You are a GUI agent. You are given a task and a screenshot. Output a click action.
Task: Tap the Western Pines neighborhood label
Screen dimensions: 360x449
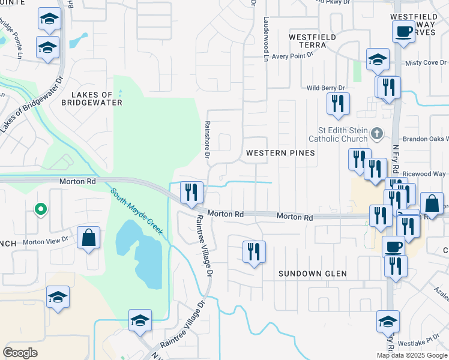[280, 153]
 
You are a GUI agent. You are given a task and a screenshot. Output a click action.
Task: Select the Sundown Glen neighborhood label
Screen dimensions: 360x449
[313, 274]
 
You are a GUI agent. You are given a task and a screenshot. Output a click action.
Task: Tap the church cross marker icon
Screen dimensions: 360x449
[376, 133]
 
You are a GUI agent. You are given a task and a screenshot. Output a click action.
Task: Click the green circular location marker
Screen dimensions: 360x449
[40, 209]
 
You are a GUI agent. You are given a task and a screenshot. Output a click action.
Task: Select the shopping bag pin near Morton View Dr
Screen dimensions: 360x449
[89, 237]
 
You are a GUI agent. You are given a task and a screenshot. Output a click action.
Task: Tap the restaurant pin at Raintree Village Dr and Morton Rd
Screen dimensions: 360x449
[192, 192]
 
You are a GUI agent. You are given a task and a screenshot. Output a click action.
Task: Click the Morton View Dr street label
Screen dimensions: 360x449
[46, 242]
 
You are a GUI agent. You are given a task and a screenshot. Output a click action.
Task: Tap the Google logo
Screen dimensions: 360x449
[20, 353]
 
